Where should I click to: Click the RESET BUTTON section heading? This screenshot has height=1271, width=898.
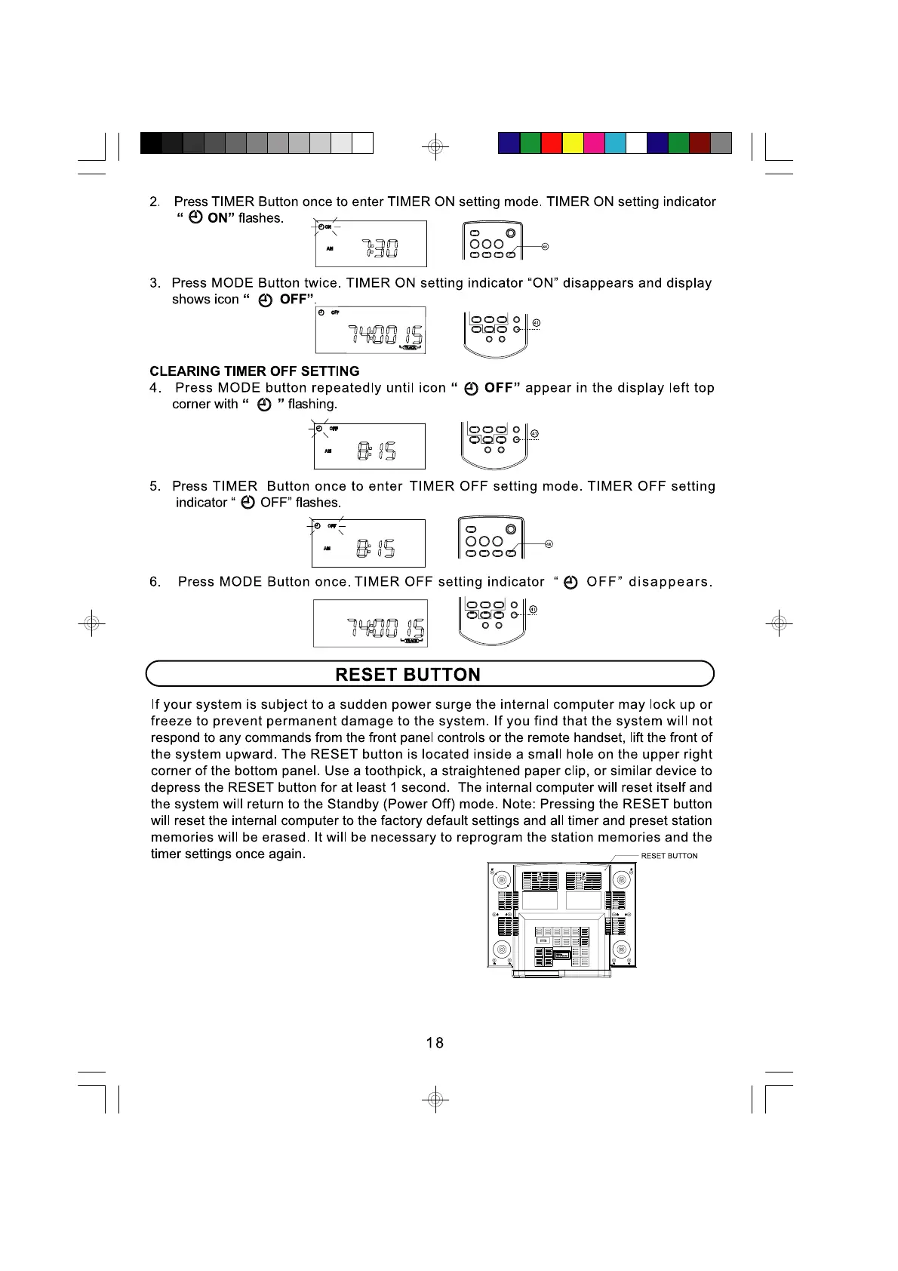407,674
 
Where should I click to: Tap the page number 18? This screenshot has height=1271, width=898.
435,1042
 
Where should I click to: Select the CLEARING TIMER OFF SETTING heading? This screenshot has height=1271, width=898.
254,371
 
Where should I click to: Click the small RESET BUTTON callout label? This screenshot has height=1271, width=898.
669,856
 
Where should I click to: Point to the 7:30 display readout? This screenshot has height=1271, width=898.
380,248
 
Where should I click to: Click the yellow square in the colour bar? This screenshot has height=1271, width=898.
573,143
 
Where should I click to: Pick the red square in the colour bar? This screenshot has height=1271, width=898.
552,143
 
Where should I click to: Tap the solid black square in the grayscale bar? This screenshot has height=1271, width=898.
151,143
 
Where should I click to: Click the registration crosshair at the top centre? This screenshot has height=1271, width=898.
435,146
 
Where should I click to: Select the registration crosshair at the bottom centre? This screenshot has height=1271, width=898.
435,1100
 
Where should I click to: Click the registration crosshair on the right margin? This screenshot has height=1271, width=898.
779,623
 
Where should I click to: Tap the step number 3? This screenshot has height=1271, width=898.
155,283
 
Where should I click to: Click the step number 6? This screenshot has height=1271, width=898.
155,582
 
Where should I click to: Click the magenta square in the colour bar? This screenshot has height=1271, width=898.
594,143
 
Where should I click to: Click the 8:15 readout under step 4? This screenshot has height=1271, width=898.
377,451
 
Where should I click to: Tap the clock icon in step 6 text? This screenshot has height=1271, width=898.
571,582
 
